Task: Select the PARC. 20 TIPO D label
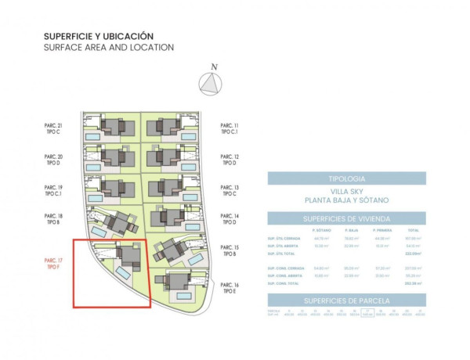54,161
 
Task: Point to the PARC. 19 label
54,188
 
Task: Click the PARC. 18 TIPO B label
54,221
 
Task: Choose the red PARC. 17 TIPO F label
54,265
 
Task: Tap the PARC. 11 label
230,125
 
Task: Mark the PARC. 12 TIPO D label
230,161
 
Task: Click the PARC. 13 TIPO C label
230,192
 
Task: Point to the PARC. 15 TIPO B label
230,250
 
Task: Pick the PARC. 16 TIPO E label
230,288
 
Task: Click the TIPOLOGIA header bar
346,178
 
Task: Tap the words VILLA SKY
346,192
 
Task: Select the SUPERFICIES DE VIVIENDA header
346,218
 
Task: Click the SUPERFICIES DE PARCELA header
346,300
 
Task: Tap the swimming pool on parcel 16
185,297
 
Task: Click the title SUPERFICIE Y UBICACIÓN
98,36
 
